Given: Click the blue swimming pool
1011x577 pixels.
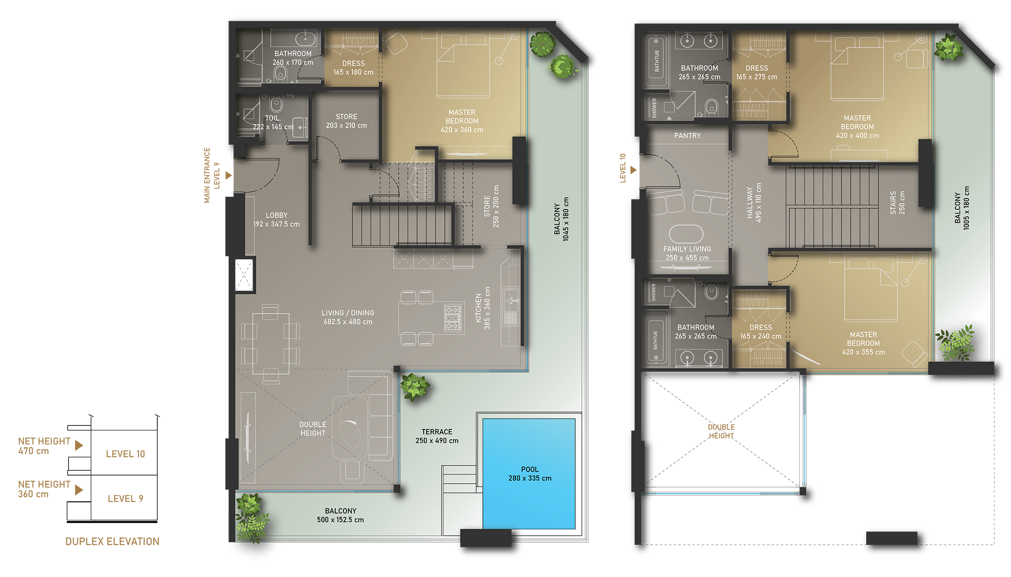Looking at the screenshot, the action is (529, 474).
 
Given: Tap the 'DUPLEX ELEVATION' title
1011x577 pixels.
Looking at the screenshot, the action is (112, 541).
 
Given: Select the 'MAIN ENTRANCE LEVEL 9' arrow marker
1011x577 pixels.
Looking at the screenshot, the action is (229, 176).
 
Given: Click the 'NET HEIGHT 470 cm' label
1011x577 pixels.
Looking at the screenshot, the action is (44, 446).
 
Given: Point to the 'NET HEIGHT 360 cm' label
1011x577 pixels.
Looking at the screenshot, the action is (44, 489).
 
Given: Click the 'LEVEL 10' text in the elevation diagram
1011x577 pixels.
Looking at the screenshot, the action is (125, 454).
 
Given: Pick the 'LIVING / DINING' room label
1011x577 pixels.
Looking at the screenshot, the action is (348, 313).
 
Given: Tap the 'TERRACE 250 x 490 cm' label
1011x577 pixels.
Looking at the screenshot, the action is (437, 436).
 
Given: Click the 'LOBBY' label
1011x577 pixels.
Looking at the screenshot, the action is (277, 215).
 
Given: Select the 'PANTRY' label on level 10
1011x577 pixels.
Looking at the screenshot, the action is (687, 136).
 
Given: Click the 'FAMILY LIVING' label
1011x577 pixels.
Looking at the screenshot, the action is (687, 249).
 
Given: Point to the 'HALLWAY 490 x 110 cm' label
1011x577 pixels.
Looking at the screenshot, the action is (754, 202).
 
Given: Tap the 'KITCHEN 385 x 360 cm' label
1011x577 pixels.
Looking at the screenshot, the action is (482, 308).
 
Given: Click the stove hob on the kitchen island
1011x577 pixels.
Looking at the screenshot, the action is (453, 318).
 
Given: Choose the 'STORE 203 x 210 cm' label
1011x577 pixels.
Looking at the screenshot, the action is (346, 121).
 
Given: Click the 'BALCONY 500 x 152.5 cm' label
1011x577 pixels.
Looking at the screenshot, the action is (341, 515).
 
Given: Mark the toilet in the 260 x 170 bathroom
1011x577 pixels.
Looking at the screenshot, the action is (280, 74).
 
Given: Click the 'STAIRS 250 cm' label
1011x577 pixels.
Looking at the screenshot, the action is (897, 202).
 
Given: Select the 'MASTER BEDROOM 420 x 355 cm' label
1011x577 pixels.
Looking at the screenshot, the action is (863, 343).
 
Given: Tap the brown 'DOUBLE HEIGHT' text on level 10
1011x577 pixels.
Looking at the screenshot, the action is (721, 431).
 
